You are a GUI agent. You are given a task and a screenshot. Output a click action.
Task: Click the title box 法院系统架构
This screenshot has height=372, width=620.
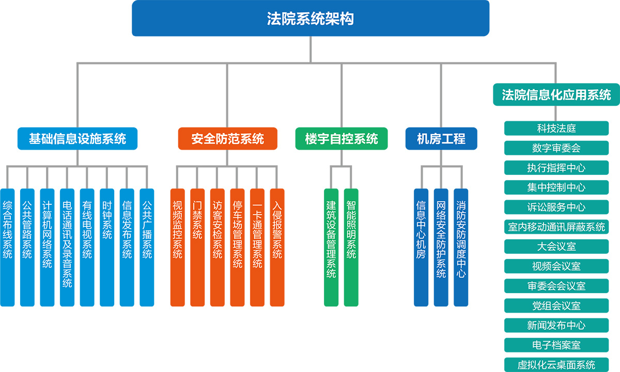coord(310,19)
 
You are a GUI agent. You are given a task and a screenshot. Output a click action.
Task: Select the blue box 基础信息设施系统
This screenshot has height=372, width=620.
coord(78,139)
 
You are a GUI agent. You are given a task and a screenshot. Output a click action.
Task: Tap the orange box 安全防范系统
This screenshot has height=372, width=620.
coord(227,139)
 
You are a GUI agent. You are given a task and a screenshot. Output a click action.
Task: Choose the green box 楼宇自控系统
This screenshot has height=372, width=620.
coord(341,139)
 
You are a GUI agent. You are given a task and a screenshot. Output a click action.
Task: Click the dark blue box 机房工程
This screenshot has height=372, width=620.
coord(441,139)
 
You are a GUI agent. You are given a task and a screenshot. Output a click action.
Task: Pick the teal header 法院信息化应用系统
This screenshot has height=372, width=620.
coord(556,94)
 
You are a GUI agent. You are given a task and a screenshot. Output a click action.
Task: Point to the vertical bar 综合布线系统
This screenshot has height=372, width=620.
coord(7,247)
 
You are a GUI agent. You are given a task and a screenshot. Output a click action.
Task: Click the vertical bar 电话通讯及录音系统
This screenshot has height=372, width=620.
coord(67,247)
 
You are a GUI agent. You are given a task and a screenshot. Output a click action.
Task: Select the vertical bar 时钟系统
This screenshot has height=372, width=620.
coord(107,247)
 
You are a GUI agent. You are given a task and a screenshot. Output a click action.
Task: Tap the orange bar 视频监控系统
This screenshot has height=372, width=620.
coord(178,247)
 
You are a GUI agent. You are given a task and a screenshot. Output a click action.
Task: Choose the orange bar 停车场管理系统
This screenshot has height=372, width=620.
coord(237,247)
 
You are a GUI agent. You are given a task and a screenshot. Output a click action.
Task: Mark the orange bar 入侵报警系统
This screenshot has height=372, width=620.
coord(277,247)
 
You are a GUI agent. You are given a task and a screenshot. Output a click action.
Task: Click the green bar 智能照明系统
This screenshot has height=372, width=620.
coord(351,247)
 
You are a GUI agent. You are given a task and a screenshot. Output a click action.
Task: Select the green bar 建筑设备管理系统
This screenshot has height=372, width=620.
coord(331,247)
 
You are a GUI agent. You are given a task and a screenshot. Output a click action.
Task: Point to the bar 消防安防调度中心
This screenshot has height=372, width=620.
coord(461,247)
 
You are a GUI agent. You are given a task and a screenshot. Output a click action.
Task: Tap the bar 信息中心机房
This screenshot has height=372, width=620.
coord(421,247)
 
